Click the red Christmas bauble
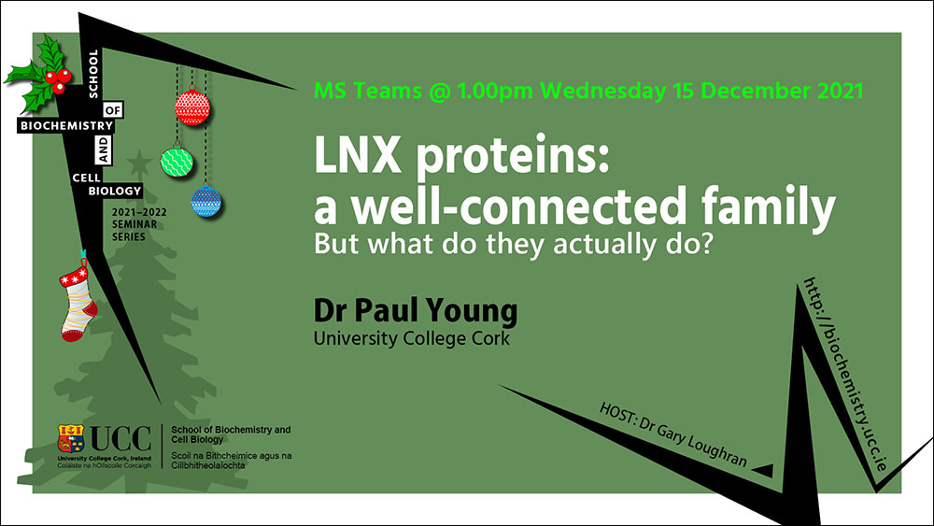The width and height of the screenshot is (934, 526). (192, 107)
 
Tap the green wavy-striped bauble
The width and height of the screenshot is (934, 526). (177, 162)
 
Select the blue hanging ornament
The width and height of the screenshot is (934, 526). (206, 202)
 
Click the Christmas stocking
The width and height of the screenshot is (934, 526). (78, 302)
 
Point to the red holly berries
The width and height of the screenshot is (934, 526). (58, 79)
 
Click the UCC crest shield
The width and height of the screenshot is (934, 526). (71, 438)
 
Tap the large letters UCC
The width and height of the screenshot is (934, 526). (120, 439)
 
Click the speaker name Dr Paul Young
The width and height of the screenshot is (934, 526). (416, 311)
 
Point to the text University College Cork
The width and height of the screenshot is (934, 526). (412, 338)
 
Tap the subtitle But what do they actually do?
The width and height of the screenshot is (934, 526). (514, 244)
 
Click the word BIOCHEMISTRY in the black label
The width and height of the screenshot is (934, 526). (66, 126)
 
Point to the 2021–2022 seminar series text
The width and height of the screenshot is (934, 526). (139, 224)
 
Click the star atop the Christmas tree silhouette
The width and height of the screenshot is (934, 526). (139, 162)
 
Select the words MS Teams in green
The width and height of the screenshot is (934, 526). (367, 92)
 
